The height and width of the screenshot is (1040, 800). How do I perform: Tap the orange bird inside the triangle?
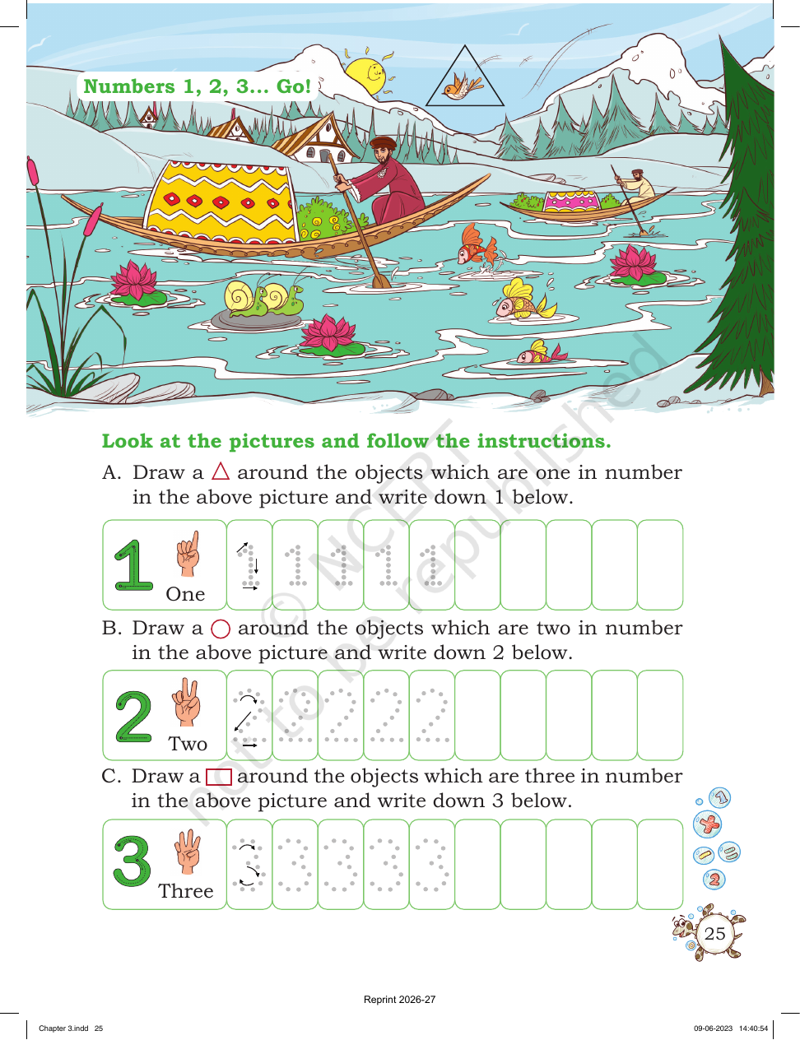pos(462,86)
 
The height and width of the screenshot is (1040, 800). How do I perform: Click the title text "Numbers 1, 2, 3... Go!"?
pos(198,86)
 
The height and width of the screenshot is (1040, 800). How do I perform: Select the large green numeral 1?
pos(133,566)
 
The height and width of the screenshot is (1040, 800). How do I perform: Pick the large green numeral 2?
pos(133,717)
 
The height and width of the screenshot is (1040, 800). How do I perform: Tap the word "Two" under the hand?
pos(188,744)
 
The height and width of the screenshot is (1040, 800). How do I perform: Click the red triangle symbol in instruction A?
pos(221,471)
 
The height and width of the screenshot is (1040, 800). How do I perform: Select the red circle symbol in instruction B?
pos(221,629)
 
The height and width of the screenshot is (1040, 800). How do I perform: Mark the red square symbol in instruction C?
pos(219,777)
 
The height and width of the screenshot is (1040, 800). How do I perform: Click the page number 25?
pos(714,933)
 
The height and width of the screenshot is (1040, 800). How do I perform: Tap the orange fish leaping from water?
pos(477,245)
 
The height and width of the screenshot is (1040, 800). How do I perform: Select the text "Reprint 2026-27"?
pos(400,1000)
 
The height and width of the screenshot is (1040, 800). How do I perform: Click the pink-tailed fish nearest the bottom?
pos(541,353)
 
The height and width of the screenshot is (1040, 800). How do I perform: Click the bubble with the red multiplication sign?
pos(708,824)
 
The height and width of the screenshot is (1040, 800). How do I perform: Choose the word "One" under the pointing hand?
pos(185,594)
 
